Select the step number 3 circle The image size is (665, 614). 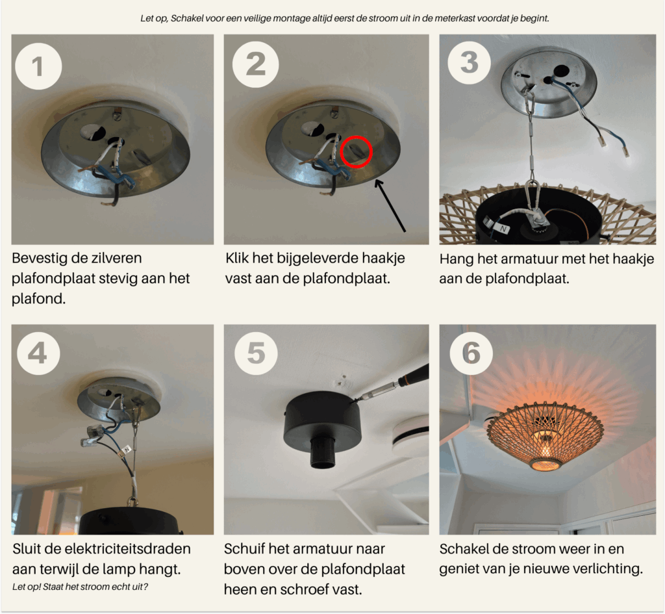tap(470, 62)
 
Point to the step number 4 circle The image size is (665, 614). tap(37, 353)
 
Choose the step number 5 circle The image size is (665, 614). tap(255, 353)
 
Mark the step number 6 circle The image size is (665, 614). tap(470, 353)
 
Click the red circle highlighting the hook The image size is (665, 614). tap(356, 151)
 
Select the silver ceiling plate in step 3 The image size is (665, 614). tap(549, 81)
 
